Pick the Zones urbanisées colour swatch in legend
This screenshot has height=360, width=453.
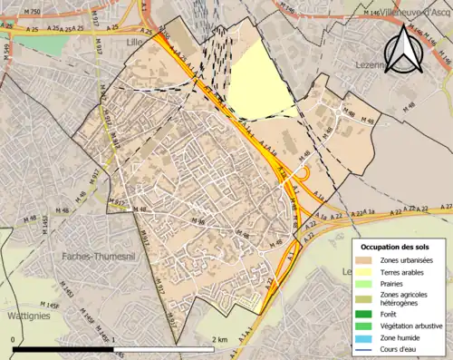click(x=368, y=259)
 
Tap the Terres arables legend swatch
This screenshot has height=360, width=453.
click(x=368, y=271)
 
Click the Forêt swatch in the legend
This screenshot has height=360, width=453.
click(x=368, y=315)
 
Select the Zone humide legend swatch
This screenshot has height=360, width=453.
click(x=368, y=337)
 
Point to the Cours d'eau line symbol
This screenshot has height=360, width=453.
click(x=368, y=348)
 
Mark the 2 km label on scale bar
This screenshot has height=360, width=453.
click(x=219, y=340)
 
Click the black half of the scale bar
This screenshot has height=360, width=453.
click(x=63, y=349)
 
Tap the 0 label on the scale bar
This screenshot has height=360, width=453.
click(x=14, y=340)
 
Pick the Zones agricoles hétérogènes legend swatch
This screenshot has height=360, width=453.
click(x=368, y=298)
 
